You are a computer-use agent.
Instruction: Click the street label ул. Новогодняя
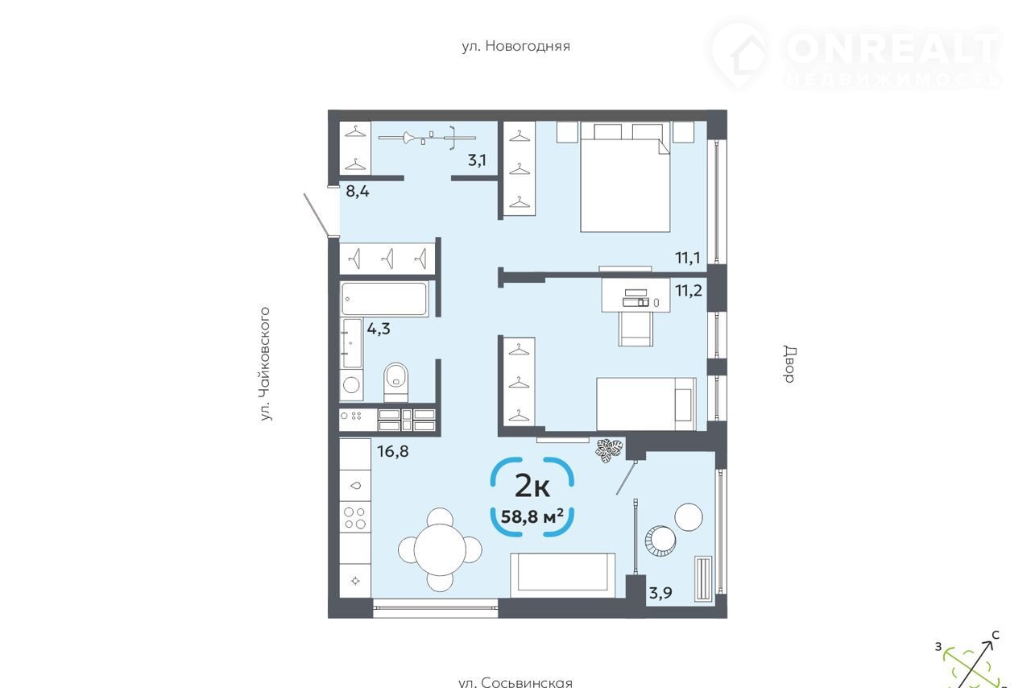pos(516,46)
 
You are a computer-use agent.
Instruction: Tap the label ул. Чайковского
pos(265,364)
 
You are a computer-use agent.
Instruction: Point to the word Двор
pos(790,364)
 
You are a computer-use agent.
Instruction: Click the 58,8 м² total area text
pos(532,516)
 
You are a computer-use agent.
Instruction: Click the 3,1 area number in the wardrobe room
pos(477,160)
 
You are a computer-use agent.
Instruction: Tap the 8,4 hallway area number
pos(358,191)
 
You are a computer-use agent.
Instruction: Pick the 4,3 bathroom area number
pos(379,329)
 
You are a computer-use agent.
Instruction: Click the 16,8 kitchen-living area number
pos(392,451)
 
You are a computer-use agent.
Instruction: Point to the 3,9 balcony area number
pos(660,593)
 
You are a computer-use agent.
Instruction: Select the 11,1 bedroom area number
pos(688,258)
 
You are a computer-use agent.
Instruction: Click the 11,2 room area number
pos(689,291)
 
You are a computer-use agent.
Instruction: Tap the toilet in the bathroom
pos(395,382)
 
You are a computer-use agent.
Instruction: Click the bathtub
pos(385,298)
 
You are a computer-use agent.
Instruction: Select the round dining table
pos(440,549)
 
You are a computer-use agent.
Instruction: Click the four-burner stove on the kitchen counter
pos(355,518)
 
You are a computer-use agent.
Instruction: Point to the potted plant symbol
pos(610,450)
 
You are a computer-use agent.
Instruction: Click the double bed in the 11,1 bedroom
pos(624,177)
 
